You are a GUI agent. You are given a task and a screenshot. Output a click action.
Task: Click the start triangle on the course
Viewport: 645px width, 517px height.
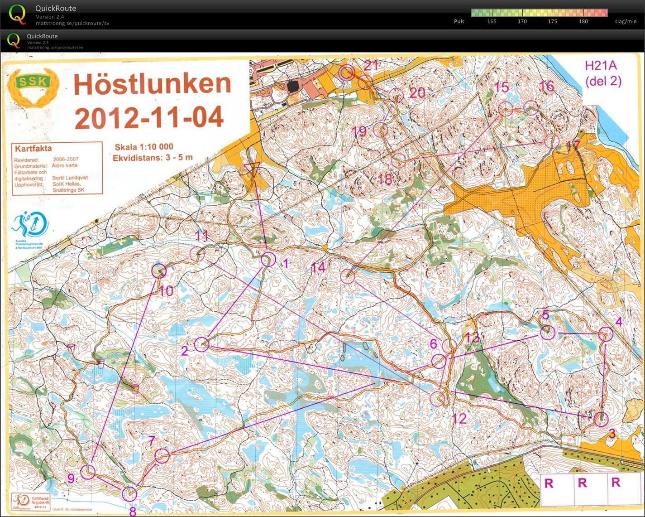pos(251,170)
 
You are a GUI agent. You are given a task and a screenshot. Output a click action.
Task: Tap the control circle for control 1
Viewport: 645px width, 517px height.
pos(268,259)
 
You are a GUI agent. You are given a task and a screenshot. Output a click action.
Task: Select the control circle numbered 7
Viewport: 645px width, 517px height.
pos(162,455)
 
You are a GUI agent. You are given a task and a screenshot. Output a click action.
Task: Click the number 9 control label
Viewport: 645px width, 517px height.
pos(71,478)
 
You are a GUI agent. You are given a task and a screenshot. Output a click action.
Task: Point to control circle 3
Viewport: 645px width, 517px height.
pos(601,419)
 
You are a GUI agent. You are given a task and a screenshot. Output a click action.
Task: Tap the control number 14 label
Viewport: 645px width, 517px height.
pos(318,267)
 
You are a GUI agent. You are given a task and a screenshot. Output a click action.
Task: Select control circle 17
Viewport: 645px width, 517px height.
pos(551,141)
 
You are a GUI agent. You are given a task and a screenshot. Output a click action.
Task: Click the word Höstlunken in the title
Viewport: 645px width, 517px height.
pos(153,85)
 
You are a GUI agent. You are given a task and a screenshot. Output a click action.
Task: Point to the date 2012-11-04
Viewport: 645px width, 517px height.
pos(149,117)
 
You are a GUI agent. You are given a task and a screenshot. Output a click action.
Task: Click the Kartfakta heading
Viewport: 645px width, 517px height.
pos(33,148)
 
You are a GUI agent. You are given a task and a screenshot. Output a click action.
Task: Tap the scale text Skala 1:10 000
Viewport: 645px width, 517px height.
pos(144,147)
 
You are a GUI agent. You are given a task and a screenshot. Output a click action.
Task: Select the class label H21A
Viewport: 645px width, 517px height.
pos(600,66)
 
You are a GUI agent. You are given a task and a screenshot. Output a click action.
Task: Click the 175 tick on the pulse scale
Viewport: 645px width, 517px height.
pos(552,21)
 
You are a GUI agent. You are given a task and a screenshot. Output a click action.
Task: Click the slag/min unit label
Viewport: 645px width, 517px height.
pos(626,21)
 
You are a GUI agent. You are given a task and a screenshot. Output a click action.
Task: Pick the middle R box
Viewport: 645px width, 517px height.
pos(582,483)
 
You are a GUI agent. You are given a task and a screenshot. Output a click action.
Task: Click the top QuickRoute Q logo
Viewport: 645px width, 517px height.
pos(17,14)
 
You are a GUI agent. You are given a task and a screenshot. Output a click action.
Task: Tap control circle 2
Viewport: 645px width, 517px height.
pos(201,344)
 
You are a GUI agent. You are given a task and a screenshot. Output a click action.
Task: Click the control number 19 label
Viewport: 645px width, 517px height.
pos(359,132)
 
